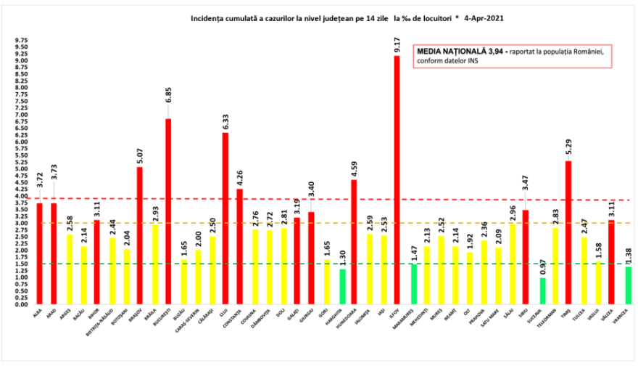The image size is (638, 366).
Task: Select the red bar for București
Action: (x=168, y=211)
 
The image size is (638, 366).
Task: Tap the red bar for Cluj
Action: (x=225, y=218)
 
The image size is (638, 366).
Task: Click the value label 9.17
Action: (x=397, y=46)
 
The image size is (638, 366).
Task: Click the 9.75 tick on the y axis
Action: (x=21, y=40)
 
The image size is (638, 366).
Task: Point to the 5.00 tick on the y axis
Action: (x=21, y=169)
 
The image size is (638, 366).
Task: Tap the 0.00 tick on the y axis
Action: (x=21, y=304)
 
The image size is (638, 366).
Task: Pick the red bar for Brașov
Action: (x=140, y=235)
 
